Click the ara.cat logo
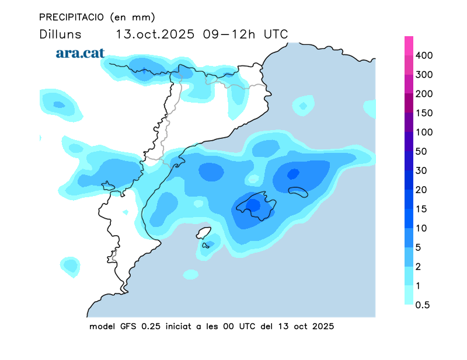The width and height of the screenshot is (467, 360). tap(80, 53)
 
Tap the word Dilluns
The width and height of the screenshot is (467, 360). tap(60, 34)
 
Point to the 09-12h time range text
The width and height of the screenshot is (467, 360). tap(230, 34)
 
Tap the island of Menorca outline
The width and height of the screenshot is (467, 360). tap(298, 192)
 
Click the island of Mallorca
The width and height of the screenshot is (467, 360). tap(255, 205)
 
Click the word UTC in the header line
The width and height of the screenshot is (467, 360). tap(276, 34)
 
